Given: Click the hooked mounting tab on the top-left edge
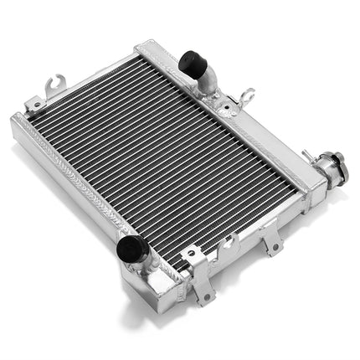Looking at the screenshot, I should click(55, 84).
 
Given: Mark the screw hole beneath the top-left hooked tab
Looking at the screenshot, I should click(37, 102).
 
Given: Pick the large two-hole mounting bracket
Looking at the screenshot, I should click(199, 272).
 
